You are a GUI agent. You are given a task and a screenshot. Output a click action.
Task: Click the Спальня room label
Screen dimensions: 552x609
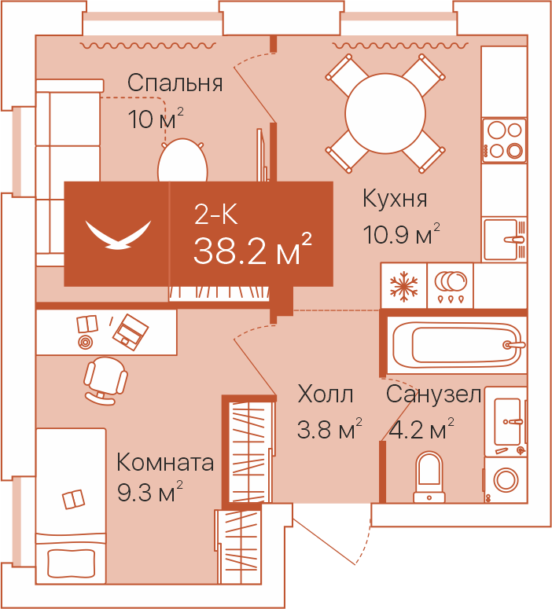click(x=175, y=83)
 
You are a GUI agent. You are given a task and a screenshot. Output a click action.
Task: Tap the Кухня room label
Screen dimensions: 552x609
click(x=395, y=199)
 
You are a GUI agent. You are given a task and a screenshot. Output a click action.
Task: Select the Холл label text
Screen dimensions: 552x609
click(x=326, y=394)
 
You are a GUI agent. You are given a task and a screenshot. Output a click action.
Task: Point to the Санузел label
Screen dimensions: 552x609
click(x=434, y=394)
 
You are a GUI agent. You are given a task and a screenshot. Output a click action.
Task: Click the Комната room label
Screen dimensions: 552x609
click(x=165, y=462)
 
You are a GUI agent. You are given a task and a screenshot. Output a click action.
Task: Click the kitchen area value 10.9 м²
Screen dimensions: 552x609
click(x=402, y=234)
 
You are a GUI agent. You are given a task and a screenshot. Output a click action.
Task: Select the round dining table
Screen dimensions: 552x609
click(x=385, y=113)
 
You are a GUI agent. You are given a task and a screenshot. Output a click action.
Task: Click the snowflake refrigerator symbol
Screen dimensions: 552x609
click(x=404, y=286)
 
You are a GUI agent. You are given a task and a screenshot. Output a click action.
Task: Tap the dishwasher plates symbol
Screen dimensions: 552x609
click(x=450, y=287)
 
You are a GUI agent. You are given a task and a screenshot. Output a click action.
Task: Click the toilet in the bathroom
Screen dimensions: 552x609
click(x=429, y=477)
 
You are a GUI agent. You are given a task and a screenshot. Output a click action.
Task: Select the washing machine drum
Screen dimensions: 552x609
click(x=506, y=479)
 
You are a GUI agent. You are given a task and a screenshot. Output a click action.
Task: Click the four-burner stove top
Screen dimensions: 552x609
click(x=504, y=140)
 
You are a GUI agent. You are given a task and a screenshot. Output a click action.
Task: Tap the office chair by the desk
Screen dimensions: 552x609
click(x=105, y=380)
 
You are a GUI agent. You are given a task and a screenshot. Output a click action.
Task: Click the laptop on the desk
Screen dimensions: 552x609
click(x=131, y=333)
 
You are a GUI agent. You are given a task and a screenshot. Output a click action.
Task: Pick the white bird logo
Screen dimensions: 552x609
click(x=118, y=235)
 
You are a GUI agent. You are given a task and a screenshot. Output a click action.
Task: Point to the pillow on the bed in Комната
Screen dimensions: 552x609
click(x=71, y=563)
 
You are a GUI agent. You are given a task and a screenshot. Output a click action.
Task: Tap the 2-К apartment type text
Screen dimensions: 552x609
click(x=215, y=214)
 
